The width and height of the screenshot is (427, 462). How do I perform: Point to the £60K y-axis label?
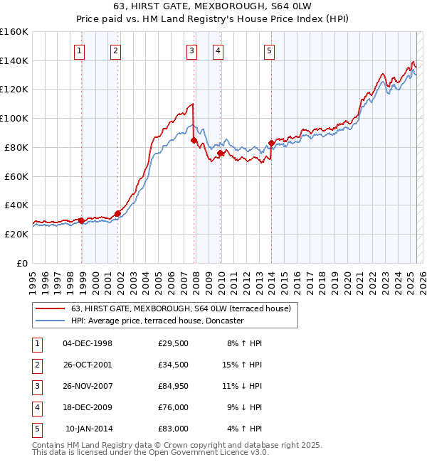pos(16,176)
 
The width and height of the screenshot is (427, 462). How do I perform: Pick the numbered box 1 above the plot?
pos(78,50)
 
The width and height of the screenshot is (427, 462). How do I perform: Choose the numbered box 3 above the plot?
pos(191,50)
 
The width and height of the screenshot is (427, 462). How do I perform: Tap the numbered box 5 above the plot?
pos(270,50)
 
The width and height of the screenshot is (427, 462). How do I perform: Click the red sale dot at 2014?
pos(271,144)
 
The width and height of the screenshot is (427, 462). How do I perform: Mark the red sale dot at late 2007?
pos(194,141)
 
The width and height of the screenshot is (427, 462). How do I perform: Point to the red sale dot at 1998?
pos(82,220)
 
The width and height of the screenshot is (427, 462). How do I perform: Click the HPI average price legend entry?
pos(157,321)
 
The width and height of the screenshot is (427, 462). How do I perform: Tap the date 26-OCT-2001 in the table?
pos(88,365)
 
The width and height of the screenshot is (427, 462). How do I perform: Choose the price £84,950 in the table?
pos(174,386)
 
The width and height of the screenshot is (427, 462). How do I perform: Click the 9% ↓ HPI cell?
pos(241,407)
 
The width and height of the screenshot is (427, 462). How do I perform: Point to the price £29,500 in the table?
pos(174,343)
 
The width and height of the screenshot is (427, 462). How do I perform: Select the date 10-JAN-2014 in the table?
pos(89,429)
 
